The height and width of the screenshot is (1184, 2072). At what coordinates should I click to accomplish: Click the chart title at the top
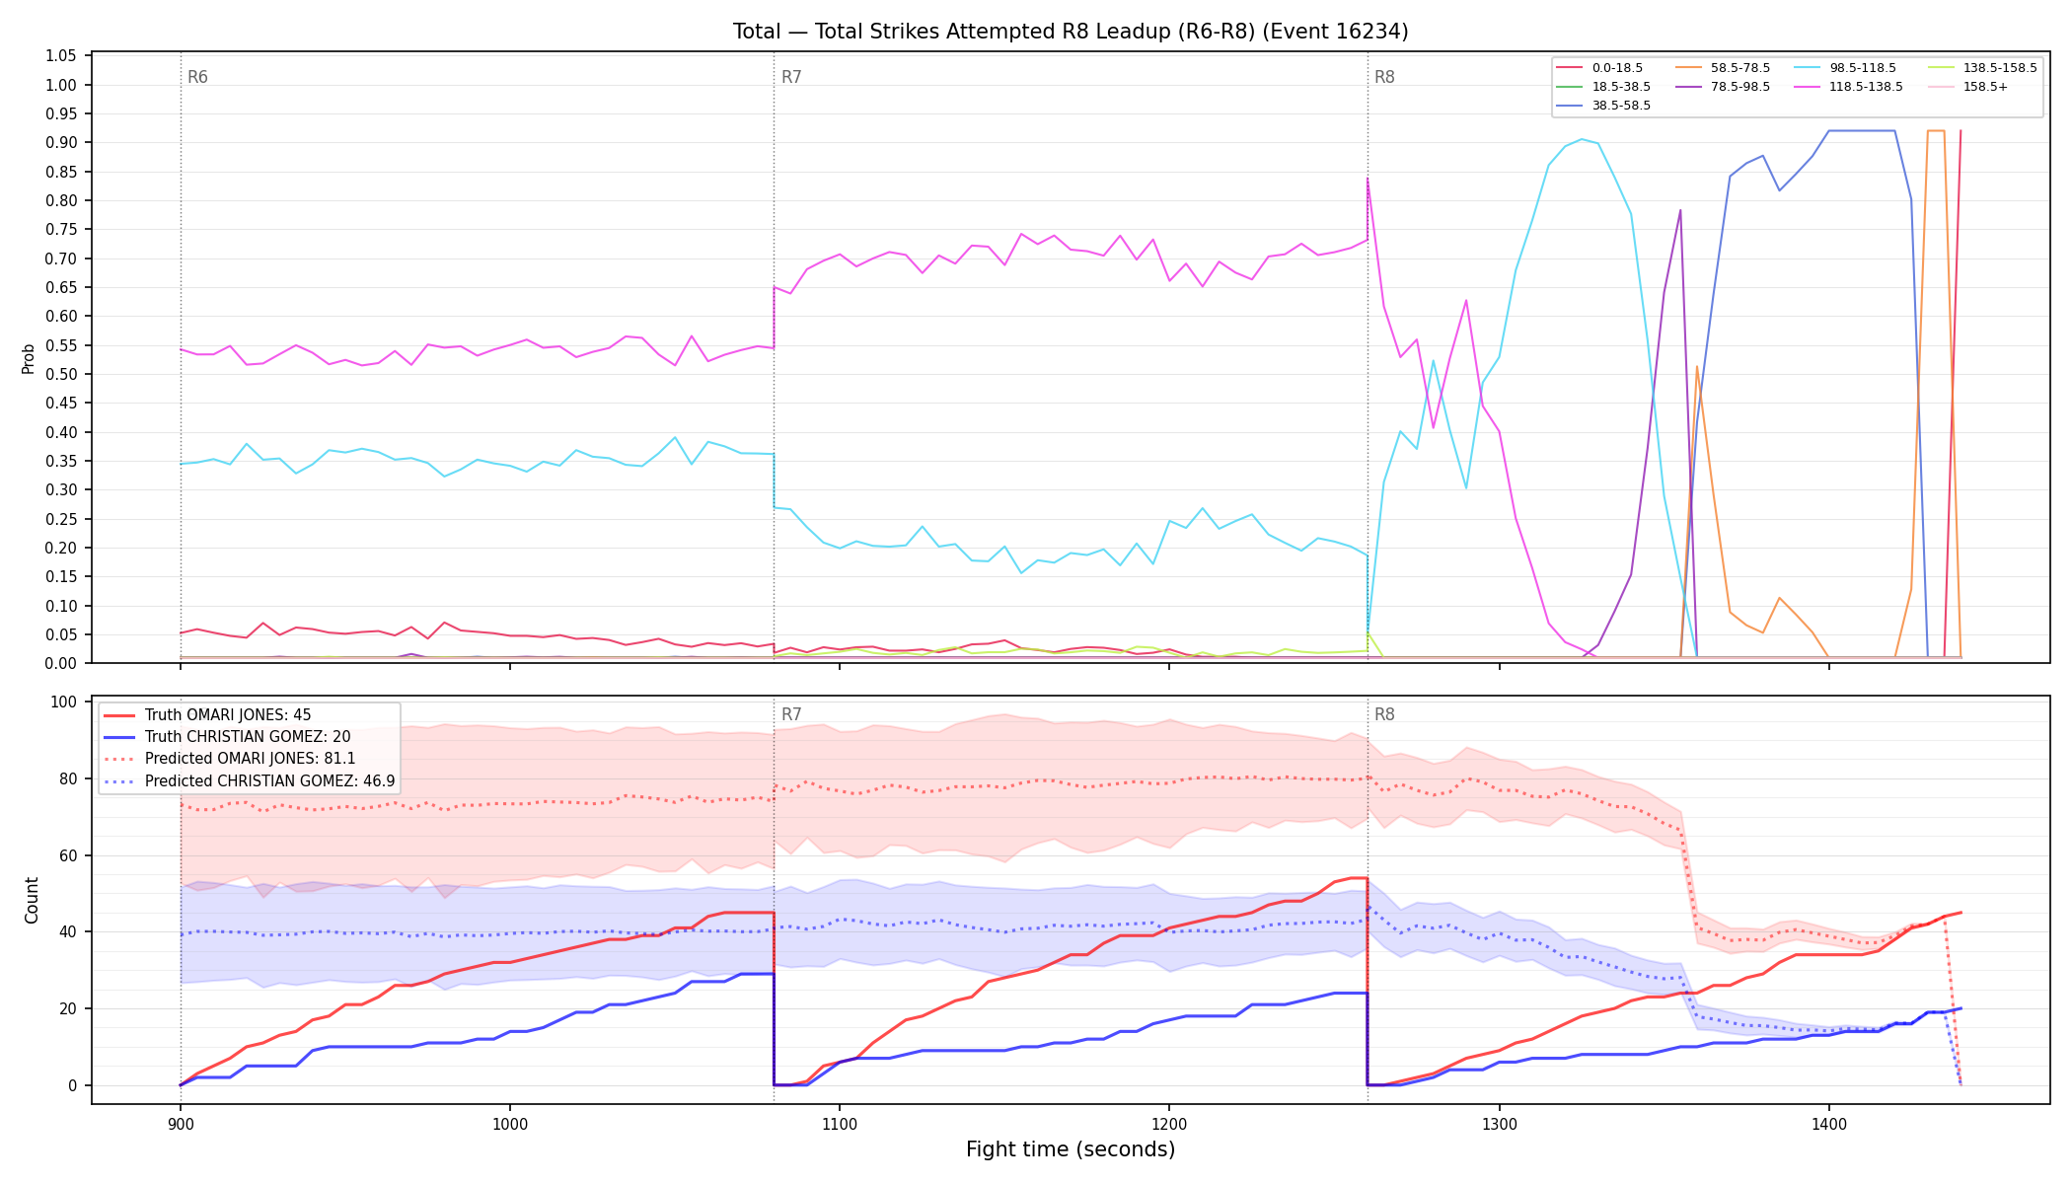tap(1071, 32)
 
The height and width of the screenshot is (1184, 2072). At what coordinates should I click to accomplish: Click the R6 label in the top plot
tap(197, 77)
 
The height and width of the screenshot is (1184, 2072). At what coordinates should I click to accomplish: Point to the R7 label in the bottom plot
tap(791, 714)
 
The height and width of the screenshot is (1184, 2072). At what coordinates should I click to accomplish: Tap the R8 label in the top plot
tap(1384, 77)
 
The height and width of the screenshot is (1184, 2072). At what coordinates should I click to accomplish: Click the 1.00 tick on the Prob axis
tap(61, 85)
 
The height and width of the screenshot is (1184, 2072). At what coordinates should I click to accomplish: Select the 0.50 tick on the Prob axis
tap(61, 374)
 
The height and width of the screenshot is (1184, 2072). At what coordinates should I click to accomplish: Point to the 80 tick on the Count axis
tap(67, 778)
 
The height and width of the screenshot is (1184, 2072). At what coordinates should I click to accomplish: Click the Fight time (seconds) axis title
tap(1071, 1149)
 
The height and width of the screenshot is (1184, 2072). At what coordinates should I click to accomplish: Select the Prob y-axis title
tap(29, 358)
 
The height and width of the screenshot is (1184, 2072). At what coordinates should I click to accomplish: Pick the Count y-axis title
tap(32, 900)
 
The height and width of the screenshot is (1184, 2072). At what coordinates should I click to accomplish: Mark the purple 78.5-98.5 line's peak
tap(1680, 210)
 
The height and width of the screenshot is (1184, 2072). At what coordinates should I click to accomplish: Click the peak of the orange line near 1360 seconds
tap(1697, 367)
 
